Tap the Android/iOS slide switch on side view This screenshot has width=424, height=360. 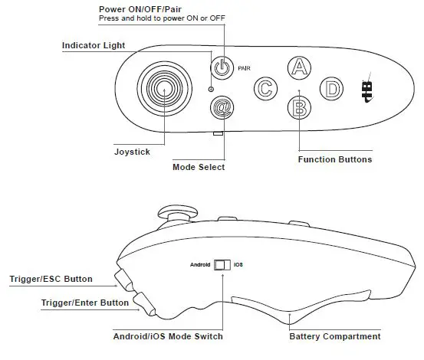(x=222, y=266)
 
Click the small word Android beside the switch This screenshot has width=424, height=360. (x=200, y=266)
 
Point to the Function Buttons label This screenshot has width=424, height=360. (x=334, y=159)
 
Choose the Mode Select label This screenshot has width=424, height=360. (x=200, y=166)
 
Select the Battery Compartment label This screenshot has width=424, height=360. (x=334, y=336)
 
